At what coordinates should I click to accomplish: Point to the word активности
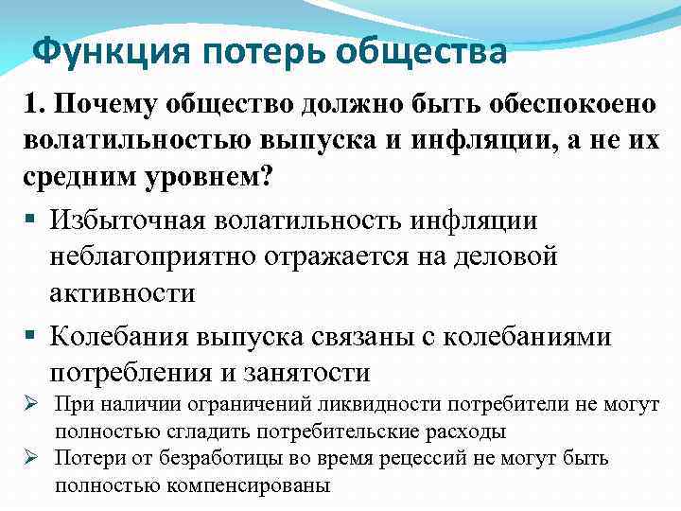(123, 293)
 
